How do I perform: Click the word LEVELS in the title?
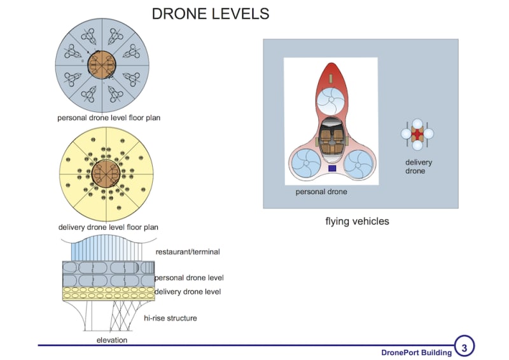click(240, 13)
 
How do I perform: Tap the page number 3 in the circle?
click(464, 347)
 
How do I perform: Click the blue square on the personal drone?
click(331, 169)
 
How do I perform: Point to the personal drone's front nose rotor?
click(331, 100)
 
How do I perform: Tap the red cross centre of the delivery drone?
click(417, 134)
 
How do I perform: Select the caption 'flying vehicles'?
click(357, 222)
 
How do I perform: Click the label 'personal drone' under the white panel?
click(321, 191)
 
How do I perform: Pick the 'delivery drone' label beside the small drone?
click(419, 167)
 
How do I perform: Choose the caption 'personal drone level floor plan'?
click(108, 118)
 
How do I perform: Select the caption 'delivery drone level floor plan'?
click(108, 227)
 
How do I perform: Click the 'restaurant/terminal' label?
click(188, 252)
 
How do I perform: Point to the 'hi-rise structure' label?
click(170, 318)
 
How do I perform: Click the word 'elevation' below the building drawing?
click(112, 340)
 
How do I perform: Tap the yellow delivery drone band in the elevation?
click(108, 293)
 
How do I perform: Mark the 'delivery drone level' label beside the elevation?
click(188, 292)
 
